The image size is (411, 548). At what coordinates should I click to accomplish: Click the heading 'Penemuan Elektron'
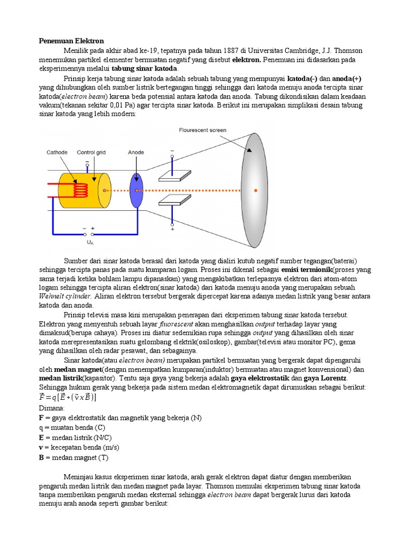[72, 41]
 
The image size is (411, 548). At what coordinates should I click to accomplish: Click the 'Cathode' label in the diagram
[56, 152]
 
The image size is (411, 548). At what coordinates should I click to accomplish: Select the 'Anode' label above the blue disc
[136, 152]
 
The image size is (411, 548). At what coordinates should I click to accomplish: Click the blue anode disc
[136, 191]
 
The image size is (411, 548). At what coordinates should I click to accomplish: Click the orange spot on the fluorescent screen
[255, 191]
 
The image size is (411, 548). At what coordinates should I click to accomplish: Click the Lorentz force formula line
[68, 398]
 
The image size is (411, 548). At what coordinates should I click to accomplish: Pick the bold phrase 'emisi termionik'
[307, 269]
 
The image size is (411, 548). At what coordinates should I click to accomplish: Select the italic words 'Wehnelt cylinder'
[66, 296]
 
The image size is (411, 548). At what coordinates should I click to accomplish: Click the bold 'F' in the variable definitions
[42, 417]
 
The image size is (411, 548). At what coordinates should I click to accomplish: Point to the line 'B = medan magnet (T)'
[74, 458]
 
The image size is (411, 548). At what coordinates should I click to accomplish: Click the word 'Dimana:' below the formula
[52, 408]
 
